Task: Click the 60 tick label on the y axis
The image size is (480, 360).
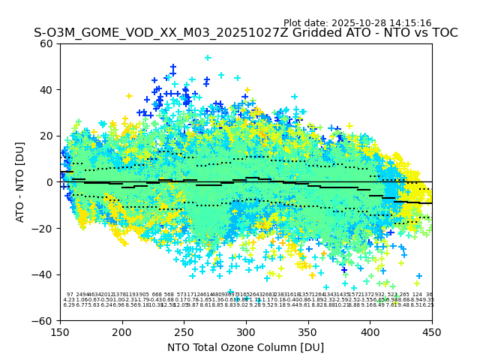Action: (x=47, y=43)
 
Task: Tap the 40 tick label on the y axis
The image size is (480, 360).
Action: (x=47, y=90)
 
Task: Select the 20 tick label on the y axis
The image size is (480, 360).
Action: (x=47, y=136)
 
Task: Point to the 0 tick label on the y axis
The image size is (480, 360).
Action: (x=50, y=182)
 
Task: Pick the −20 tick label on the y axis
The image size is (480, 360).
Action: (x=44, y=228)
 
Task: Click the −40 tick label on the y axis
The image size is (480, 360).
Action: (x=44, y=274)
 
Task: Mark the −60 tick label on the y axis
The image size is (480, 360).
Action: (x=44, y=321)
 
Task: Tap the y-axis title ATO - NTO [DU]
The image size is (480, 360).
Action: (x=20, y=182)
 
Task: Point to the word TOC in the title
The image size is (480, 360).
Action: (x=442, y=33)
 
